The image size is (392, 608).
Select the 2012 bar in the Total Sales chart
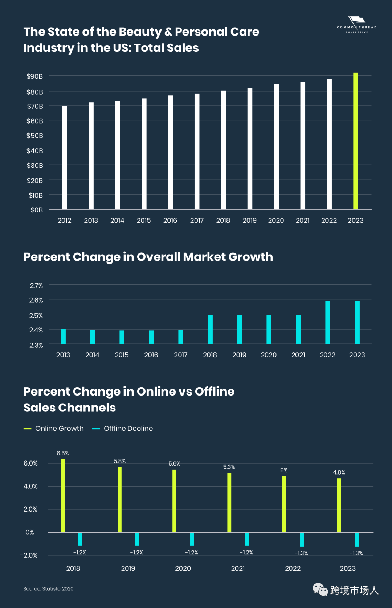point(65,158)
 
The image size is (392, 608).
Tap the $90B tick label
point(35,76)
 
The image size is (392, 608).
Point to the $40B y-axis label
point(35,150)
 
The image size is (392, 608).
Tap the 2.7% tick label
point(36,286)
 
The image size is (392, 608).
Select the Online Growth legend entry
point(54,429)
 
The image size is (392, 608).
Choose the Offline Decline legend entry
point(123,429)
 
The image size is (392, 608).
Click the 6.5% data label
point(62,454)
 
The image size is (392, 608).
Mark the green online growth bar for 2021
point(229,502)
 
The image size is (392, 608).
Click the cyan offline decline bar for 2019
point(137,539)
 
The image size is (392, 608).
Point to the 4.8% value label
point(339,472)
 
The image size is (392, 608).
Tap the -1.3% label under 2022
point(301,553)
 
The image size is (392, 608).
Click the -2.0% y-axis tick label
point(29,555)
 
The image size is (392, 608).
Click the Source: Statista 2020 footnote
point(48,589)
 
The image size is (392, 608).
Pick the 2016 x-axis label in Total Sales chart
point(170,220)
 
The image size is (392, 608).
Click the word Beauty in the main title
point(140,32)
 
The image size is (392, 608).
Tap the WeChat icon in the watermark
point(320,590)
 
